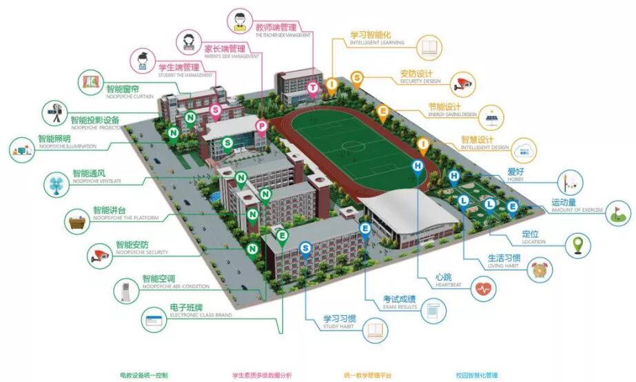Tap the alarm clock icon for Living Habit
coord(540,270)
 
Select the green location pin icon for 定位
coord(579,245)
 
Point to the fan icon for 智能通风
coord(55,183)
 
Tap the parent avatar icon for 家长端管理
coord(188,42)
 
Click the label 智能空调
coord(161,279)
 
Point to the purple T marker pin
coord(314,88)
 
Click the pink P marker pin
coord(262,125)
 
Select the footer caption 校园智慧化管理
coord(476,375)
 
